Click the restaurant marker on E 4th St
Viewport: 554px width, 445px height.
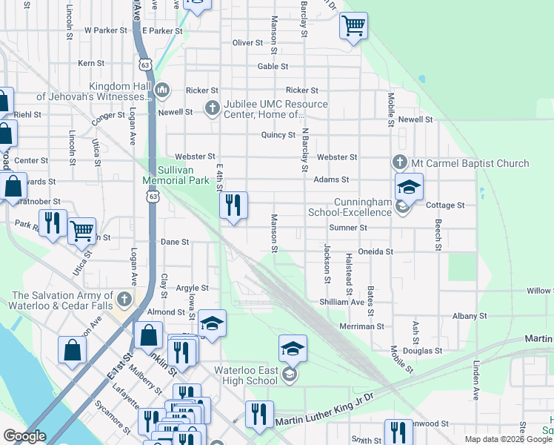click(x=233, y=205)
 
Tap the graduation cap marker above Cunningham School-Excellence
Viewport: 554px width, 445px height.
click(x=407, y=187)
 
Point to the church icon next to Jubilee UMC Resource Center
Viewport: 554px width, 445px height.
click(x=213, y=108)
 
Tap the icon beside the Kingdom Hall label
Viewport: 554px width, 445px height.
click(x=163, y=91)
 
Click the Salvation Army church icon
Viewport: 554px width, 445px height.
click(x=124, y=300)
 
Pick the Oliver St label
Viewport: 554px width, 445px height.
click(x=249, y=43)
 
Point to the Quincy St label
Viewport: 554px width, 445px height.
click(x=278, y=135)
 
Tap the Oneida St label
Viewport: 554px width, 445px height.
click(x=376, y=251)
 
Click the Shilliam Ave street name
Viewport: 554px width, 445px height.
click(x=341, y=302)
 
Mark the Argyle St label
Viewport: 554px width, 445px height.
click(x=192, y=288)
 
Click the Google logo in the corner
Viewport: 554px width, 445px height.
click(x=24, y=436)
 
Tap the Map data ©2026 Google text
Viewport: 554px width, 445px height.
click(x=508, y=439)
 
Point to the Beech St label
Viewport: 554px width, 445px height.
click(x=438, y=234)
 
